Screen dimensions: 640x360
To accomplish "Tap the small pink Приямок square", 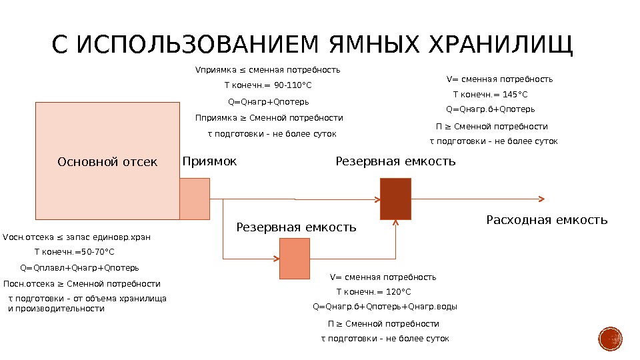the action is (195, 199).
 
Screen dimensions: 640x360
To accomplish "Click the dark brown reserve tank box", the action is (395, 199).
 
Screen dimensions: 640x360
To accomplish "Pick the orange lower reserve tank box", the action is (294, 258).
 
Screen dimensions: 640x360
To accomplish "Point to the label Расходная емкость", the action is (547, 220).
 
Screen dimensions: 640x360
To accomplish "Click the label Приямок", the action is (209, 161).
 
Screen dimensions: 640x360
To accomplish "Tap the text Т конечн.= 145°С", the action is (490, 95).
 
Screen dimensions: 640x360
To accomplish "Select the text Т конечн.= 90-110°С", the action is (268, 85).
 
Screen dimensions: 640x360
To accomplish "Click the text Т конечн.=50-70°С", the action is (74, 252).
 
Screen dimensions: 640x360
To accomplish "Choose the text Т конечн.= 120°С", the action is (373, 292).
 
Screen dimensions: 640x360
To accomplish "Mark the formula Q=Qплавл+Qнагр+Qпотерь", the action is (79, 268).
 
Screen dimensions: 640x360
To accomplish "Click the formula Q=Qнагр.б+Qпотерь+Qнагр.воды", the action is (385, 307).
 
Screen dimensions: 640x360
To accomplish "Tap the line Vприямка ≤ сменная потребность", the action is (267, 69).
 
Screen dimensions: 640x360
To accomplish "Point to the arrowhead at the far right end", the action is (542, 199).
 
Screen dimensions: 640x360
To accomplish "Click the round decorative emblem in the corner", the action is (610, 339).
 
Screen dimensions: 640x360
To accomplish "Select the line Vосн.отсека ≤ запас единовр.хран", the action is (77, 236).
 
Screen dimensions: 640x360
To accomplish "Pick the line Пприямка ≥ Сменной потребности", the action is (269, 118).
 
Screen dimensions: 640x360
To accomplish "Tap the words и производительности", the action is (56, 309).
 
